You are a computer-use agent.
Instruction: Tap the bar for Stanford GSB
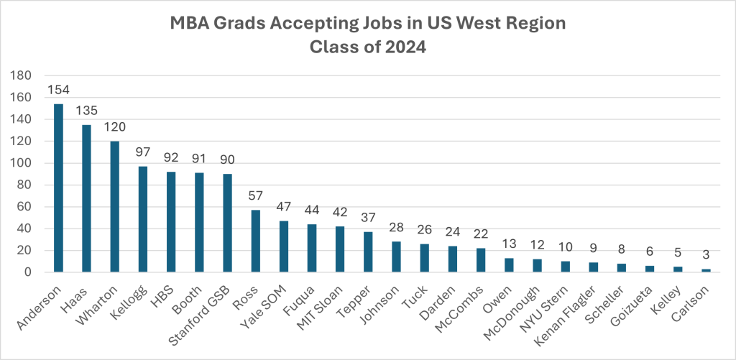coord(227,223)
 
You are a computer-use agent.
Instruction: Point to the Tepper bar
coord(368,252)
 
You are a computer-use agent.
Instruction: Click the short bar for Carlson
coord(707,271)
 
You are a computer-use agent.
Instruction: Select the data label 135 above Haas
coord(86,111)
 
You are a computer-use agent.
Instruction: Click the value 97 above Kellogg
coord(143,152)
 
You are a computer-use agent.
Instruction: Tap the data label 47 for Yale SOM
coord(284,207)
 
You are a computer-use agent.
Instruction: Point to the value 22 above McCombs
coord(481,234)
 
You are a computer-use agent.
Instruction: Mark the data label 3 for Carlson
coord(707,255)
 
